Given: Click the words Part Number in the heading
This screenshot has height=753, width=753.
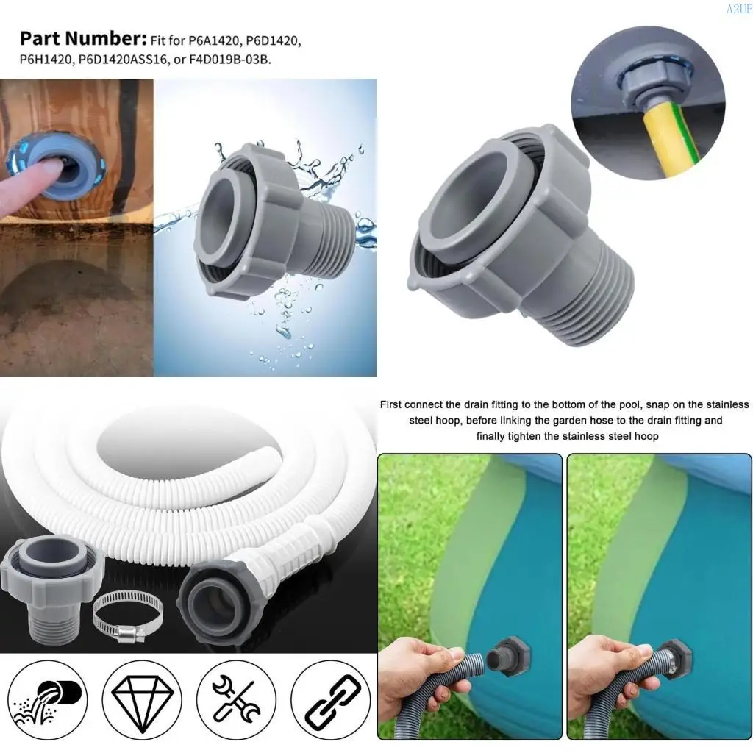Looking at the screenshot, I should coord(83,39).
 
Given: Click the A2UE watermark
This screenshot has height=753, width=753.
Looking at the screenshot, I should coord(738,9).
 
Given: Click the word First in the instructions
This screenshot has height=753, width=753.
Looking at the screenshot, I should coord(394,404).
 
